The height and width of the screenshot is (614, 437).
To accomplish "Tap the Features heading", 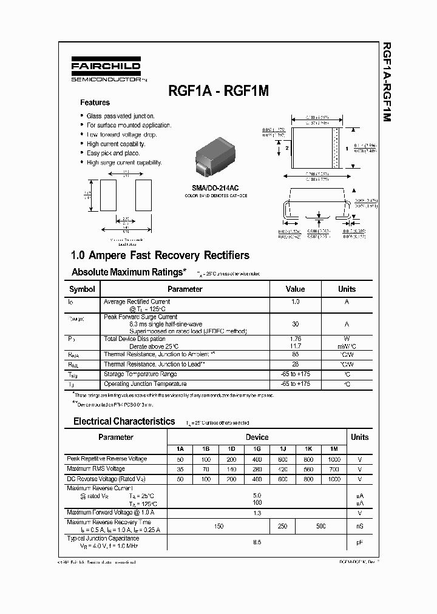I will click(95, 103).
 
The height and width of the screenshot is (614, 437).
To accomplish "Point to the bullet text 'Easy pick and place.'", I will click(113, 153).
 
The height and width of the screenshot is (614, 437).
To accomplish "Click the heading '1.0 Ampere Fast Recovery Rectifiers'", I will click(160, 255).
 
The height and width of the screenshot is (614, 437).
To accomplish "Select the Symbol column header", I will click(82, 289).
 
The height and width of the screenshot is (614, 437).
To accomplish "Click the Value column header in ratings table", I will click(295, 289).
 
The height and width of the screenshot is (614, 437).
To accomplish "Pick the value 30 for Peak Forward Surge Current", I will click(295, 325).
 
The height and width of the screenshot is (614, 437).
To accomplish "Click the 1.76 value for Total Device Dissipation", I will click(295, 339).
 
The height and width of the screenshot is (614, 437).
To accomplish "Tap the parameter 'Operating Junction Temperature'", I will click(145, 384).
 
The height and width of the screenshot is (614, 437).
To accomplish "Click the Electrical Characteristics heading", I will click(124, 421).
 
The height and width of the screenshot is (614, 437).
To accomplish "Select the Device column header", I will click(257, 437).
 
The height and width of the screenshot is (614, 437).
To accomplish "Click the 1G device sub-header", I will click(257, 449).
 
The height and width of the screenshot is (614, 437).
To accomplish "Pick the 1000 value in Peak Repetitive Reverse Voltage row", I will click(334, 459).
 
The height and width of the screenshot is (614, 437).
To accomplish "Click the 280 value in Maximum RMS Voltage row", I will click(257, 469).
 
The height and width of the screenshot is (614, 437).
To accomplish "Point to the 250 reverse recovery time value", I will click(282, 526).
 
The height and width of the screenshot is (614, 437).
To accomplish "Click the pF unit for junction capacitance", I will click(359, 542).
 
